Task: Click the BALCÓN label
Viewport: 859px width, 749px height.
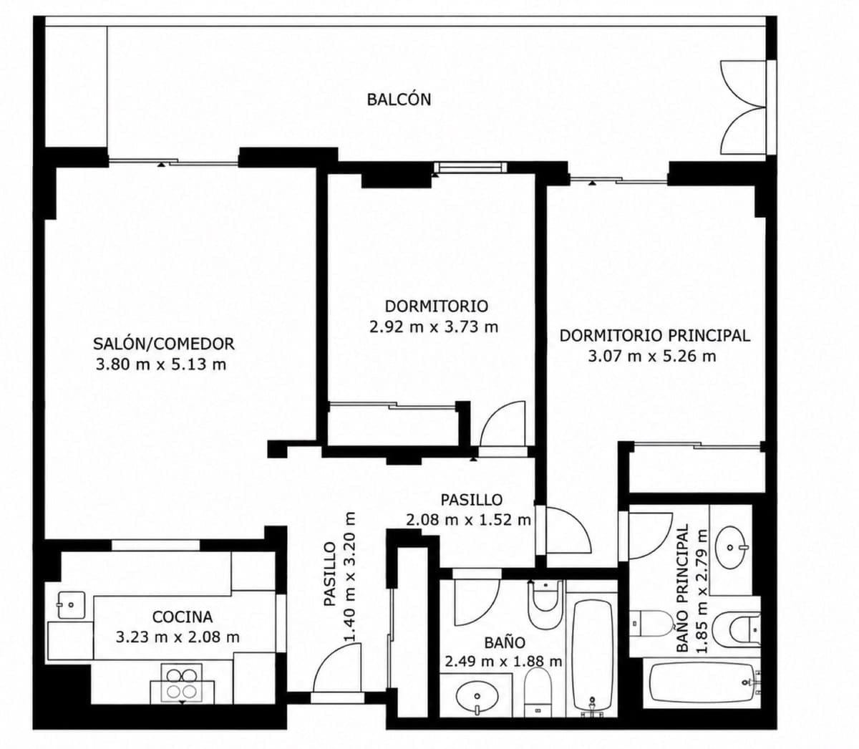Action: click(x=399, y=100)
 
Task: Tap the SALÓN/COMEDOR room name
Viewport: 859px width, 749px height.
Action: click(x=163, y=344)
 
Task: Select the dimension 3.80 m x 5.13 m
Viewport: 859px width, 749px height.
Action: click(x=161, y=364)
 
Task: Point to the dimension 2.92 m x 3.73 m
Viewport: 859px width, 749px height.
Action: click(x=434, y=327)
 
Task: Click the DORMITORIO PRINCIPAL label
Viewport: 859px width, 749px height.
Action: click(x=655, y=336)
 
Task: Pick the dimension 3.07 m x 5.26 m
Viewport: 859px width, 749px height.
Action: click(x=652, y=357)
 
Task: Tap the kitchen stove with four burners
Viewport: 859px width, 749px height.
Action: click(x=182, y=682)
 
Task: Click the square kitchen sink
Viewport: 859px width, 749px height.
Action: click(x=72, y=605)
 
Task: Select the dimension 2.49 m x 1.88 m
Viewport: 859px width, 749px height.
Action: click(x=503, y=662)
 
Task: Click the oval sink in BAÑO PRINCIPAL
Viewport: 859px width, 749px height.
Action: click(x=731, y=548)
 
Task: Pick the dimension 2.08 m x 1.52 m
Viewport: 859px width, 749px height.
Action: click(x=468, y=520)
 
